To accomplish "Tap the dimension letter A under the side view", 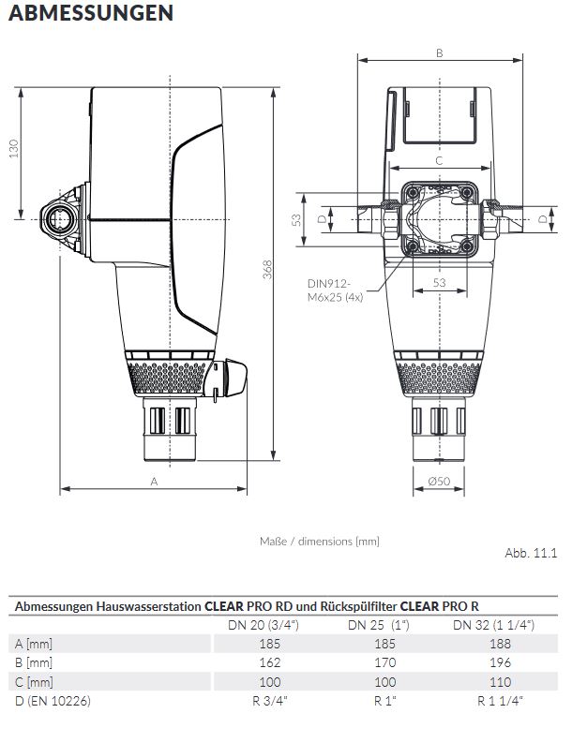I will [x=154, y=480].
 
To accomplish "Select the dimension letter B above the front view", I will [x=439, y=53].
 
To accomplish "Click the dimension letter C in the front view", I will [x=439, y=161].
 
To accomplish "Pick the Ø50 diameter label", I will [x=439, y=481].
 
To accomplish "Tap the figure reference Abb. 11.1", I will [x=531, y=553].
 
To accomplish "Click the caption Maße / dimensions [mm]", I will [x=319, y=541].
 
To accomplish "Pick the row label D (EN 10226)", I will [x=53, y=700].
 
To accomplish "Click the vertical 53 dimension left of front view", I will [x=295, y=220].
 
